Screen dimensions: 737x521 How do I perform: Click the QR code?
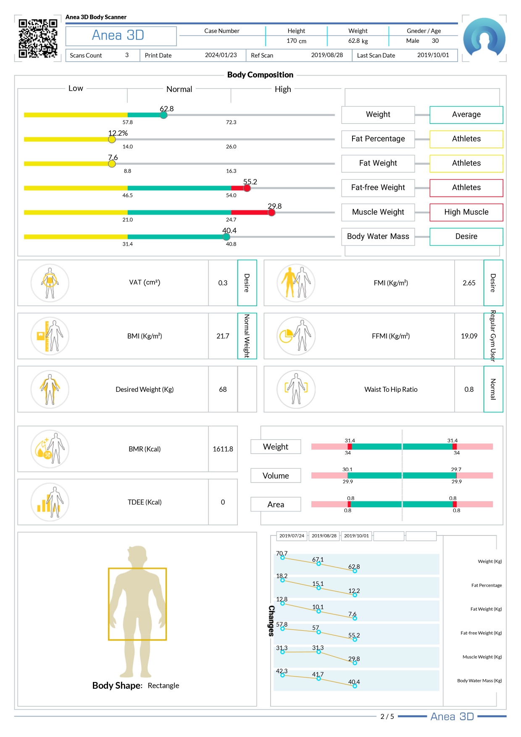(38, 38)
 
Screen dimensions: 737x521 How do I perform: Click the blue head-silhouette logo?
(484, 37)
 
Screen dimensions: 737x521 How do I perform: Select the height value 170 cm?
(296, 41)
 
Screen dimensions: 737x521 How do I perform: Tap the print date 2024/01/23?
(221, 55)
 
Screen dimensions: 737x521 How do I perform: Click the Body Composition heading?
(260, 75)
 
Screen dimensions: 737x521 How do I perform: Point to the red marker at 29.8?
(272, 212)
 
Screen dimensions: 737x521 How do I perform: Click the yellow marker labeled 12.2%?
(112, 139)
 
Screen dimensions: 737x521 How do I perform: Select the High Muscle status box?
(466, 212)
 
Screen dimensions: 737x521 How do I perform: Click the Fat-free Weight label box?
(378, 188)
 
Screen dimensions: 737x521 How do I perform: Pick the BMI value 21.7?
(223, 336)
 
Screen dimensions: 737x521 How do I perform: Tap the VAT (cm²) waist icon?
(50, 283)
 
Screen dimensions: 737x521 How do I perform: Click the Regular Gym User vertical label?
(493, 336)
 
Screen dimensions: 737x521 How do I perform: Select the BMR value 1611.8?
(223, 449)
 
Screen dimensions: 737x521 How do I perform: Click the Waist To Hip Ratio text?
(391, 389)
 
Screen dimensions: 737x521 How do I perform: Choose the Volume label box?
(276, 475)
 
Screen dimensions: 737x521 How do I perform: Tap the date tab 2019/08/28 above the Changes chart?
(324, 536)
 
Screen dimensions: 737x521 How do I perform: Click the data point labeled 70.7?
(282, 558)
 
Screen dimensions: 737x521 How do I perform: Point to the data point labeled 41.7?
(318, 679)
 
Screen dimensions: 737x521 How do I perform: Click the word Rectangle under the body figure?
(163, 685)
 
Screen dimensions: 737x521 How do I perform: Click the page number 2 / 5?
(387, 716)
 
